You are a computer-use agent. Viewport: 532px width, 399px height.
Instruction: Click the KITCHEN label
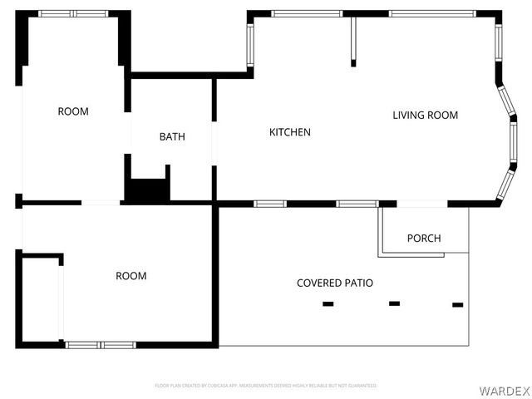click(290, 132)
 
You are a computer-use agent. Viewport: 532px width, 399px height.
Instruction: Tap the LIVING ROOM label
click(425, 116)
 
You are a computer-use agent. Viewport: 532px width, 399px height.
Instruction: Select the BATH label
click(172, 137)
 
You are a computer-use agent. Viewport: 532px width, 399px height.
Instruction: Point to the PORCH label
click(424, 239)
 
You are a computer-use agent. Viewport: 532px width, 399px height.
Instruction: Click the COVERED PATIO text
click(335, 283)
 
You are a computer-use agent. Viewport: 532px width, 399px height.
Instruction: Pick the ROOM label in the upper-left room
click(73, 111)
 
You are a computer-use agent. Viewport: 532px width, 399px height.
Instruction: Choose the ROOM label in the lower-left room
click(131, 276)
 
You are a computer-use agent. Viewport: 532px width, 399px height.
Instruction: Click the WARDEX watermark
click(502, 390)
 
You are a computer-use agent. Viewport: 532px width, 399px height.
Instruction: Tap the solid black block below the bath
click(147, 190)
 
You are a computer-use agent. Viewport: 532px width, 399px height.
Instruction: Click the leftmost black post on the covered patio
click(328, 304)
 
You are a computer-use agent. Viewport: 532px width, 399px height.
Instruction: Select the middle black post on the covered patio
click(395, 303)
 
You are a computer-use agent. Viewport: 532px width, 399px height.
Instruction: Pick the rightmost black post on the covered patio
click(457, 305)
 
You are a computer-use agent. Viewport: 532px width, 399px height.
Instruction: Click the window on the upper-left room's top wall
click(73, 14)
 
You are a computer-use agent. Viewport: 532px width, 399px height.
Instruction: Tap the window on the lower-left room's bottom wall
click(101, 344)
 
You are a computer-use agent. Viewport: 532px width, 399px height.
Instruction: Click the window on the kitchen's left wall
click(249, 44)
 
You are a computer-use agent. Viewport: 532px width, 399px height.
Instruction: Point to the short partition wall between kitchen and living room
click(353, 40)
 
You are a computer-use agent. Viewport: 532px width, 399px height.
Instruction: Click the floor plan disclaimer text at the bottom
click(266, 386)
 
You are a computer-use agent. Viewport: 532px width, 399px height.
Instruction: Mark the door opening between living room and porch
click(422, 204)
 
